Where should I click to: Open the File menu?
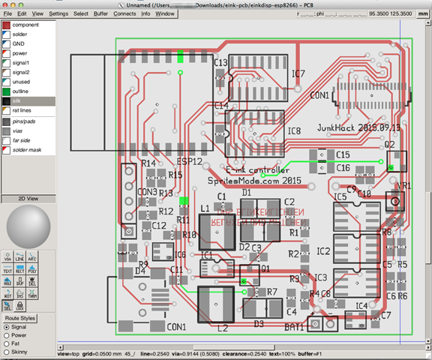[7, 13]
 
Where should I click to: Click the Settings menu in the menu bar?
[58, 13]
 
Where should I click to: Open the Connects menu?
[124, 13]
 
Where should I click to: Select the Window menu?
[164, 13]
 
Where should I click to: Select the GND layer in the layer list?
[19, 43]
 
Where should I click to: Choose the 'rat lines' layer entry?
[23, 110]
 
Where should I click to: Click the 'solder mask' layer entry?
[28, 150]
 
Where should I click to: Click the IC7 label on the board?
[298, 73]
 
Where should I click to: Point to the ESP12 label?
[188, 161]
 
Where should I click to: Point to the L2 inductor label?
[222, 328]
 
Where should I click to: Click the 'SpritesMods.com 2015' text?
[253, 181]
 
